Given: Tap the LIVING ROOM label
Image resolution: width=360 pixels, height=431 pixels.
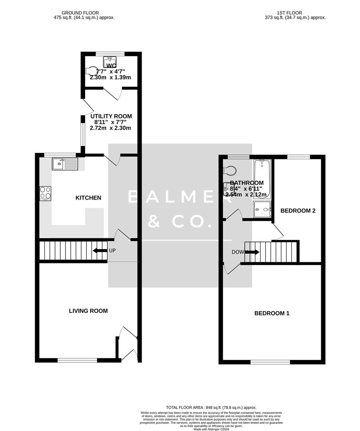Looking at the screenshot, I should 88,310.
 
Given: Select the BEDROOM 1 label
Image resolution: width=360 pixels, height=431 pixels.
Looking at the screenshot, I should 272,313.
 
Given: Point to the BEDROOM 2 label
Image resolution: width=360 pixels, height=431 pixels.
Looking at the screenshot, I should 298,210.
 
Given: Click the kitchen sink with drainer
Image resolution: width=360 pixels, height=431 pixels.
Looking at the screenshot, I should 65,164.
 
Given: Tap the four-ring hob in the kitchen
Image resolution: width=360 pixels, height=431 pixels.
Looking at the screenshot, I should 45,193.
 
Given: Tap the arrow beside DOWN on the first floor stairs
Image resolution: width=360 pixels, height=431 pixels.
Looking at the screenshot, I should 253,252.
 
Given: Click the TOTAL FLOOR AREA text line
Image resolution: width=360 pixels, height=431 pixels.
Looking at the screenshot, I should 212,407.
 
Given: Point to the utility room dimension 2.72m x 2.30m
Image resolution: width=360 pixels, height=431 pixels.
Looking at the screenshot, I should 111,128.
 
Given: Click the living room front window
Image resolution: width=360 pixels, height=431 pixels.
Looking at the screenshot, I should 77,360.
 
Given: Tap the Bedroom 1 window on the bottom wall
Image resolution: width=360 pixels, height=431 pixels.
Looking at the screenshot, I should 270,362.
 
